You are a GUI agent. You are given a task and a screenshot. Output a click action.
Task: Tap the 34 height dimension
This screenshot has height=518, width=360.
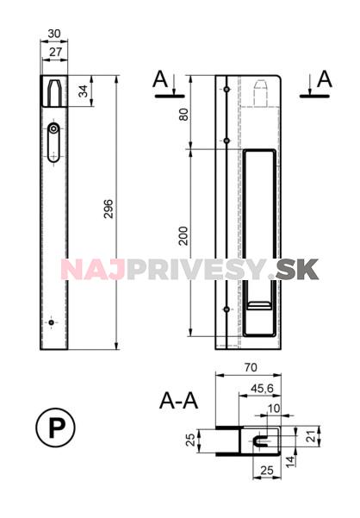(84, 91)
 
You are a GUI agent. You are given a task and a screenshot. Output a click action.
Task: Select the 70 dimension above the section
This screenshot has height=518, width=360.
(251, 367)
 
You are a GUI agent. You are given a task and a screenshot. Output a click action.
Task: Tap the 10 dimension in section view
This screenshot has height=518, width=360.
(274, 409)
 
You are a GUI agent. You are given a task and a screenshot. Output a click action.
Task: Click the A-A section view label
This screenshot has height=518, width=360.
(179, 401)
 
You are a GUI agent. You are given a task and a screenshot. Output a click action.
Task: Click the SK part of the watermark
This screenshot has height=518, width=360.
(297, 269)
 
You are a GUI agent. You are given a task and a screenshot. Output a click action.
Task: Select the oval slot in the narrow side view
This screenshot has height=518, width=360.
(53, 139)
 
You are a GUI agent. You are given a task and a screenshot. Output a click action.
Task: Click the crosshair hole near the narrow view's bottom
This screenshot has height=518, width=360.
(52, 322)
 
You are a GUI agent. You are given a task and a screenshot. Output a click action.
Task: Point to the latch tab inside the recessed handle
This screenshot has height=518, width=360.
(258, 306)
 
